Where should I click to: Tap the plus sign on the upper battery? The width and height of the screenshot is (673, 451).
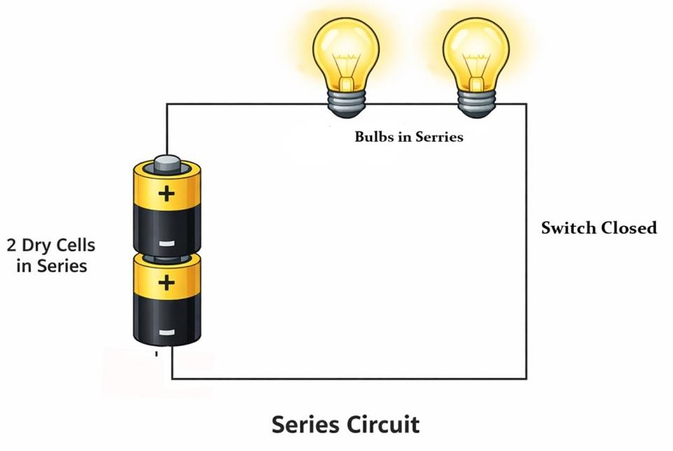pyautogui.click(x=166, y=193)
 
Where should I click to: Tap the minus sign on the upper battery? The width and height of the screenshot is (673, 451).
pyautogui.click(x=166, y=244)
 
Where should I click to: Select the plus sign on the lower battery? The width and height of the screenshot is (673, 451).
pyautogui.click(x=166, y=283)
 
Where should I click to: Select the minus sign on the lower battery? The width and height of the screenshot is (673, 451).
pyautogui.click(x=166, y=332)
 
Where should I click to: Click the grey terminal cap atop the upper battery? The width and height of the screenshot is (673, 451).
pyautogui.click(x=167, y=164)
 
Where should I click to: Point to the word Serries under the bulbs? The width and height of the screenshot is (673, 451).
pyautogui.click(x=439, y=137)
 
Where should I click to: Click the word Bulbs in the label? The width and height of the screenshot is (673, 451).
pyautogui.click(x=375, y=137)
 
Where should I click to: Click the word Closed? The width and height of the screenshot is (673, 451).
pyautogui.click(x=628, y=228)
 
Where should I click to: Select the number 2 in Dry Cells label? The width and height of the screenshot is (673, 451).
pyautogui.click(x=12, y=246)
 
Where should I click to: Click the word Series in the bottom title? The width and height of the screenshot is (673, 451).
pyautogui.click(x=305, y=424)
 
